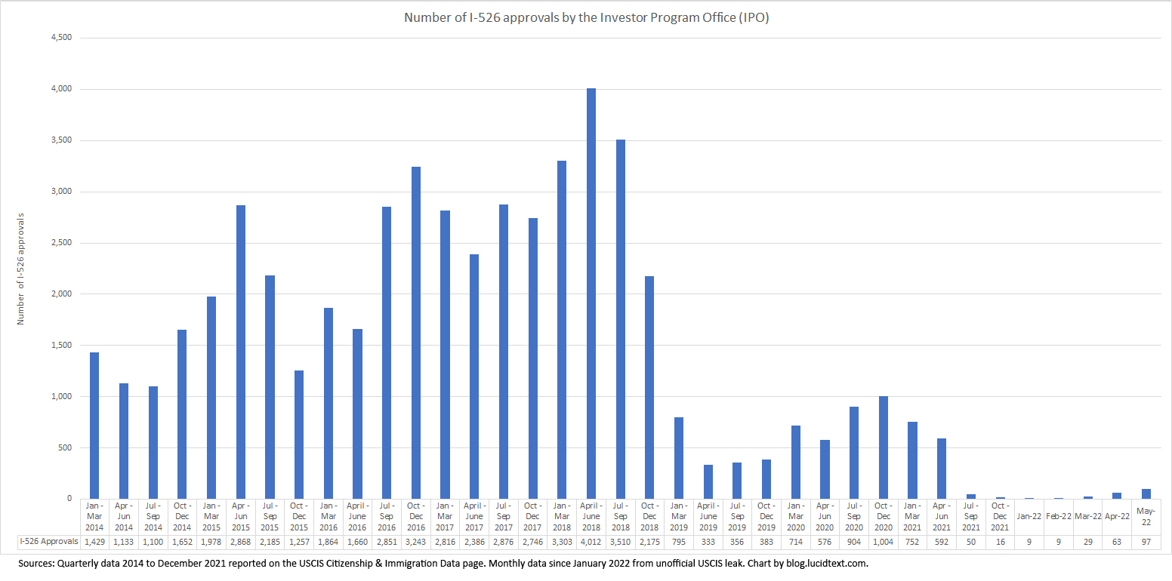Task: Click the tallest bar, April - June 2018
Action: tap(591, 294)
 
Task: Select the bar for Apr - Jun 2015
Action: tap(240, 352)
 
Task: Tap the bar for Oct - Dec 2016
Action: tap(415, 333)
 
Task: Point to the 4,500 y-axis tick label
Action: tap(60, 38)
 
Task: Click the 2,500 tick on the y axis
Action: tap(60, 243)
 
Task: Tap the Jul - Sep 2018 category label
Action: tap(621, 516)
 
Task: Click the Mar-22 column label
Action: tap(1087, 516)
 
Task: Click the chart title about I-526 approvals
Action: tap(586, 17)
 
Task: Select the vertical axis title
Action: tap(21, 269)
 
